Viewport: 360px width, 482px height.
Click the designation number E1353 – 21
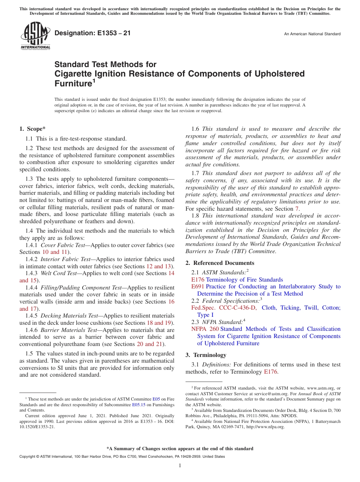click(x=92, y=33)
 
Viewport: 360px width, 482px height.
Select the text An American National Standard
click(x=312, y=34)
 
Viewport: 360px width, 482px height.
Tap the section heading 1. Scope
click(x=32, y=129)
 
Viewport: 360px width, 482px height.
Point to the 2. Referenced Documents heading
click(x=220, y=263)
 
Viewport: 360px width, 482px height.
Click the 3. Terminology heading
click(x=206, y=355)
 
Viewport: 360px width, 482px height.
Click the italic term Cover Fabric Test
click(x=63, y=245)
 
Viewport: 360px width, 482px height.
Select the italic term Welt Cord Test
click(x=58, y=273)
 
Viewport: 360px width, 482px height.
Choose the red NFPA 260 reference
click(x=205, y=329)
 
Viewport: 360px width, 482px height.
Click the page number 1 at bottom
click(x=180, y=466)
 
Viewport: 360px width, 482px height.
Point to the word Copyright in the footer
click(x=28, y=457)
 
